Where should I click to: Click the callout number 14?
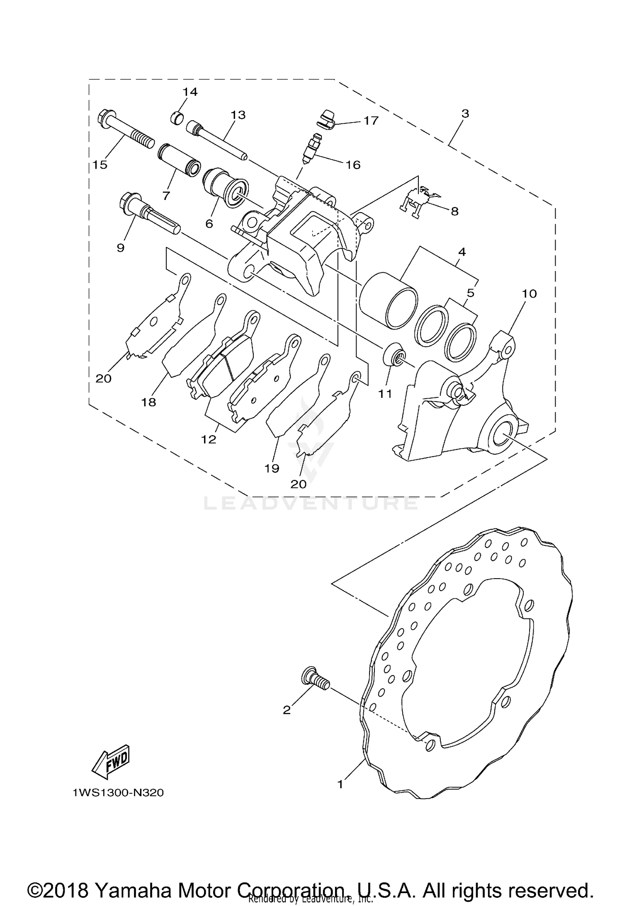190,92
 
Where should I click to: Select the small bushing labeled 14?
177,118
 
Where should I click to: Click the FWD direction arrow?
110,761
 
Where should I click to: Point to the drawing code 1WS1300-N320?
118,793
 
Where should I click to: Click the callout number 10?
529,294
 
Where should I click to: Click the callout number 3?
465,113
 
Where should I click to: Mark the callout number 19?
272,468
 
